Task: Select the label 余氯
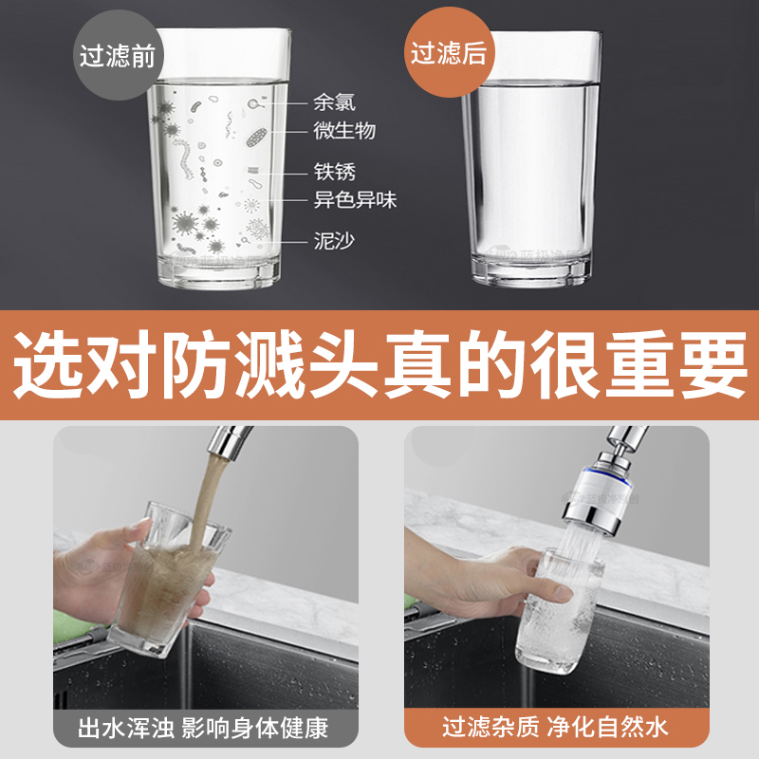[x=335, y=102]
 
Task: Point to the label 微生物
[x=344, y=130]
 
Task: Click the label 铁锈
[x=335, y=173]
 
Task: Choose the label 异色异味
[x=355, y=200]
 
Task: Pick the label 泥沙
[x=335, y=241]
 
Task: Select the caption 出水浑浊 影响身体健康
[x=204, y=729]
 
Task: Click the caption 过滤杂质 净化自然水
[x=556, y=729]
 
